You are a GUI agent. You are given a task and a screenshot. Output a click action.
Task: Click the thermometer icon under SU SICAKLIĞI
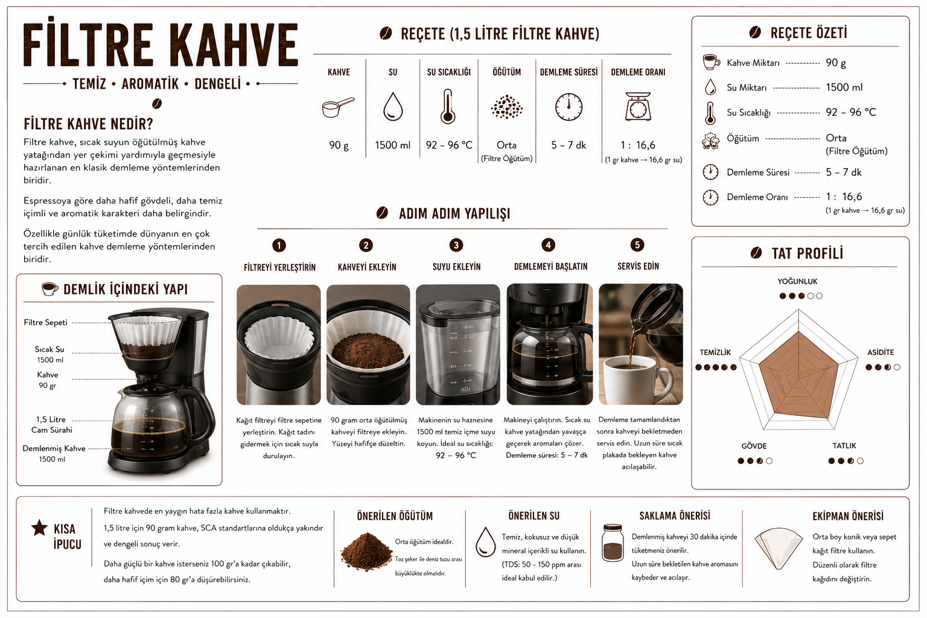447,106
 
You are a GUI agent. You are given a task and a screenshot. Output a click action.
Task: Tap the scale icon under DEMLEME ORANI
638,106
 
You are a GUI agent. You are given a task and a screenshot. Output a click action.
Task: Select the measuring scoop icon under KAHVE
338,107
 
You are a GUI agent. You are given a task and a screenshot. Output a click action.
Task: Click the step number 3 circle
456,245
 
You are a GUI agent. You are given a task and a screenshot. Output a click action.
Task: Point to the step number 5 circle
637,244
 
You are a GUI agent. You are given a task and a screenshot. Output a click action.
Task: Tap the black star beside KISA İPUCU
39,527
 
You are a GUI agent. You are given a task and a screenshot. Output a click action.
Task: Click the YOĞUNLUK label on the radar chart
797,281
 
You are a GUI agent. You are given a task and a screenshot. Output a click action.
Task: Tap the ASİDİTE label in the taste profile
881,352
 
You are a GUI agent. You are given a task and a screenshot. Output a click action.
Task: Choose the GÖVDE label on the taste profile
754,446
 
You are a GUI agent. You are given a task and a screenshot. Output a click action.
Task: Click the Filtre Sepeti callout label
45,322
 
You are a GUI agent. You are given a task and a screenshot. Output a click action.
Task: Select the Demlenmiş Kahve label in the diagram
54,448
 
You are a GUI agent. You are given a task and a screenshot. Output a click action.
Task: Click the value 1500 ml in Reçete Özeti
844,88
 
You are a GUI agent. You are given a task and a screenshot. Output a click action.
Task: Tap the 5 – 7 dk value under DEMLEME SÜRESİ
568,145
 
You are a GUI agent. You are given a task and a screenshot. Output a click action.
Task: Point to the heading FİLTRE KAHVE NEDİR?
88,124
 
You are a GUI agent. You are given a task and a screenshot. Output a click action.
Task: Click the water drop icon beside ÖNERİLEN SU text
485,542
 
